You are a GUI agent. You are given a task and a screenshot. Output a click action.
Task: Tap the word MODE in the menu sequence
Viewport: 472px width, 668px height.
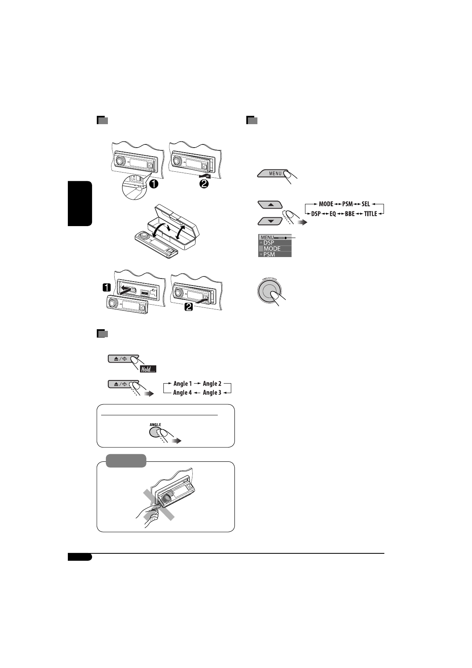click(x=326, y=204)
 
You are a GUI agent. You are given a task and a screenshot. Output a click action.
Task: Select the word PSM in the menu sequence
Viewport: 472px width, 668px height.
click(x=347, y=204)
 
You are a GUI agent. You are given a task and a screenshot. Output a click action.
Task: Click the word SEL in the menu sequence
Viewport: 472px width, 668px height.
click(x=365, y=204)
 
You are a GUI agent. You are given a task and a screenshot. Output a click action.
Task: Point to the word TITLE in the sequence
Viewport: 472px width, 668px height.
click(x=370, y=214)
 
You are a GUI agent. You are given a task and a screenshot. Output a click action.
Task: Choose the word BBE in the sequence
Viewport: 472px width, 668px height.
click(x=349, y=214)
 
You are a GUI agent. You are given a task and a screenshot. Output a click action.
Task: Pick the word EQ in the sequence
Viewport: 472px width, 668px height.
click(x=333, y=214)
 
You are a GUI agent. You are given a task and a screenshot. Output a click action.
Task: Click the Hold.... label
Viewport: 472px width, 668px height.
click(x=148, y=370)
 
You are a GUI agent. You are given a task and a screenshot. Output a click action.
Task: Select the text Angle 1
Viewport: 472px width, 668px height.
click(x=182, y=384)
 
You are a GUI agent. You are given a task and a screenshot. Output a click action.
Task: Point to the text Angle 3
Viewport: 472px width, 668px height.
click(x=212, y=393)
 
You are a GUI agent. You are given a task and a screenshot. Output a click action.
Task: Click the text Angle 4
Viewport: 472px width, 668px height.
click(x=182, y=393)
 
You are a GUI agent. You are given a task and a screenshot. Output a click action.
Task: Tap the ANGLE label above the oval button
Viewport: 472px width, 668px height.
click(x=155, y=424)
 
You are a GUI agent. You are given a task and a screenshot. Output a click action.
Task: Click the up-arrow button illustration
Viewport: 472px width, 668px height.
click(x=270, y=205)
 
